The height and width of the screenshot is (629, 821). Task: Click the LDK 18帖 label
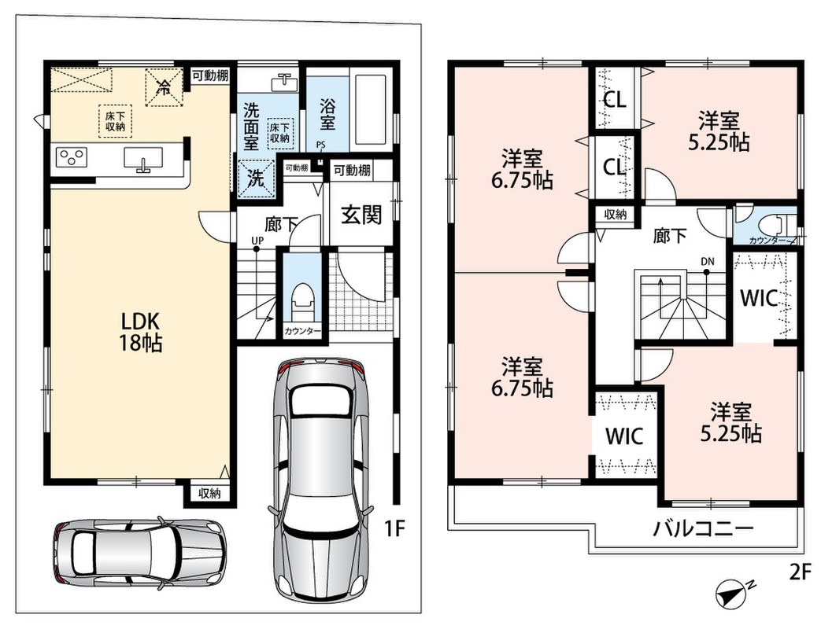(140, 331)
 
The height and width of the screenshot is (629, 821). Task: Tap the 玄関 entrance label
(361, 215)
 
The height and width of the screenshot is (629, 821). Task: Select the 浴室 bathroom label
(327, 113)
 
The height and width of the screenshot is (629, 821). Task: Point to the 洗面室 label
(251, 127)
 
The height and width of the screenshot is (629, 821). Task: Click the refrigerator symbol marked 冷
(164, 86)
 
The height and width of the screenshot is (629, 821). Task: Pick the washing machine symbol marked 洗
(256, 178)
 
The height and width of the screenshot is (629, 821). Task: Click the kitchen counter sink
(143, 158)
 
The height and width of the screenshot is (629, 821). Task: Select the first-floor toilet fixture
(303, 301)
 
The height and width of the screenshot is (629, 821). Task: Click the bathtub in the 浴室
(372, 109)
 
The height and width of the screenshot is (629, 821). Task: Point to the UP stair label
(257, 240)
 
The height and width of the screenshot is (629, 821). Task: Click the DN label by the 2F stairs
(708, 262)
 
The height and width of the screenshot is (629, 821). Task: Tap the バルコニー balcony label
(702, 528)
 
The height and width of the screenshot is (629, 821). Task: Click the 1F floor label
(395, 529)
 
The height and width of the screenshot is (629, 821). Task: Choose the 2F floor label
(800, 572)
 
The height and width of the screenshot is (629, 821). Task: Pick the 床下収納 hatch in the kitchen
(115, 121)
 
